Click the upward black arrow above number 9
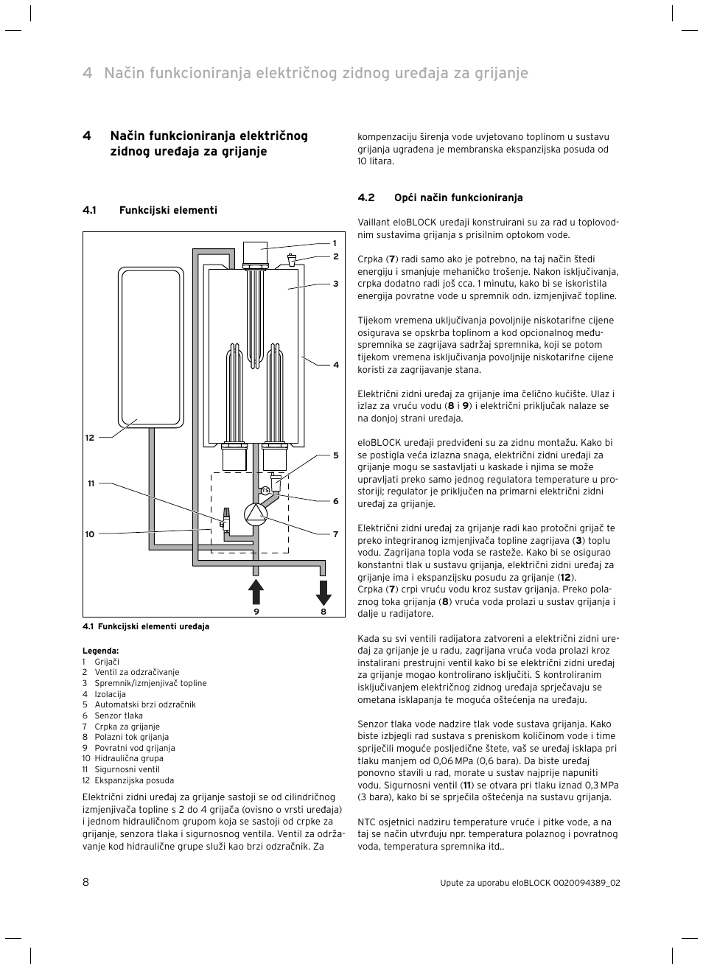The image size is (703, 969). [256, 592]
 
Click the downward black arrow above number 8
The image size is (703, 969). [323, 592]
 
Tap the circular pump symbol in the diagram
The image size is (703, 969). [255, 514]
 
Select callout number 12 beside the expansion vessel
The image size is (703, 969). [89, 438]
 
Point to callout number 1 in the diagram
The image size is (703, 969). [334, 243]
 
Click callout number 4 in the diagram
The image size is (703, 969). [335, 365]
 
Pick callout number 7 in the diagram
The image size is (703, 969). [335, 534]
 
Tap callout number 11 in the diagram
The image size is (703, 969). [91, 483]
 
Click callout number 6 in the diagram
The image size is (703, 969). [335, 501]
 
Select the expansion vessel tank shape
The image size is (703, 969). [150, 346]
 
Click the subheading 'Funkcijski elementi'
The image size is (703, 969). [168, 210]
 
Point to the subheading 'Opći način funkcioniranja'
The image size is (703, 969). [458, 197]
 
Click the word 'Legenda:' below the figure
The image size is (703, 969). [100, 651]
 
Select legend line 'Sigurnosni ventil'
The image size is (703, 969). [127, 769]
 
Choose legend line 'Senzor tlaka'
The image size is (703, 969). [119, 716]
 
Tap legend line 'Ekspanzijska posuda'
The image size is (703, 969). [134, 780]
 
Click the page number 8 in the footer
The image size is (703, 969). [85, 882]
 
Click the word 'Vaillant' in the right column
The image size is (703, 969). [373, 223]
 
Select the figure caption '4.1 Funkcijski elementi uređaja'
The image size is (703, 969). [146, 626]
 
